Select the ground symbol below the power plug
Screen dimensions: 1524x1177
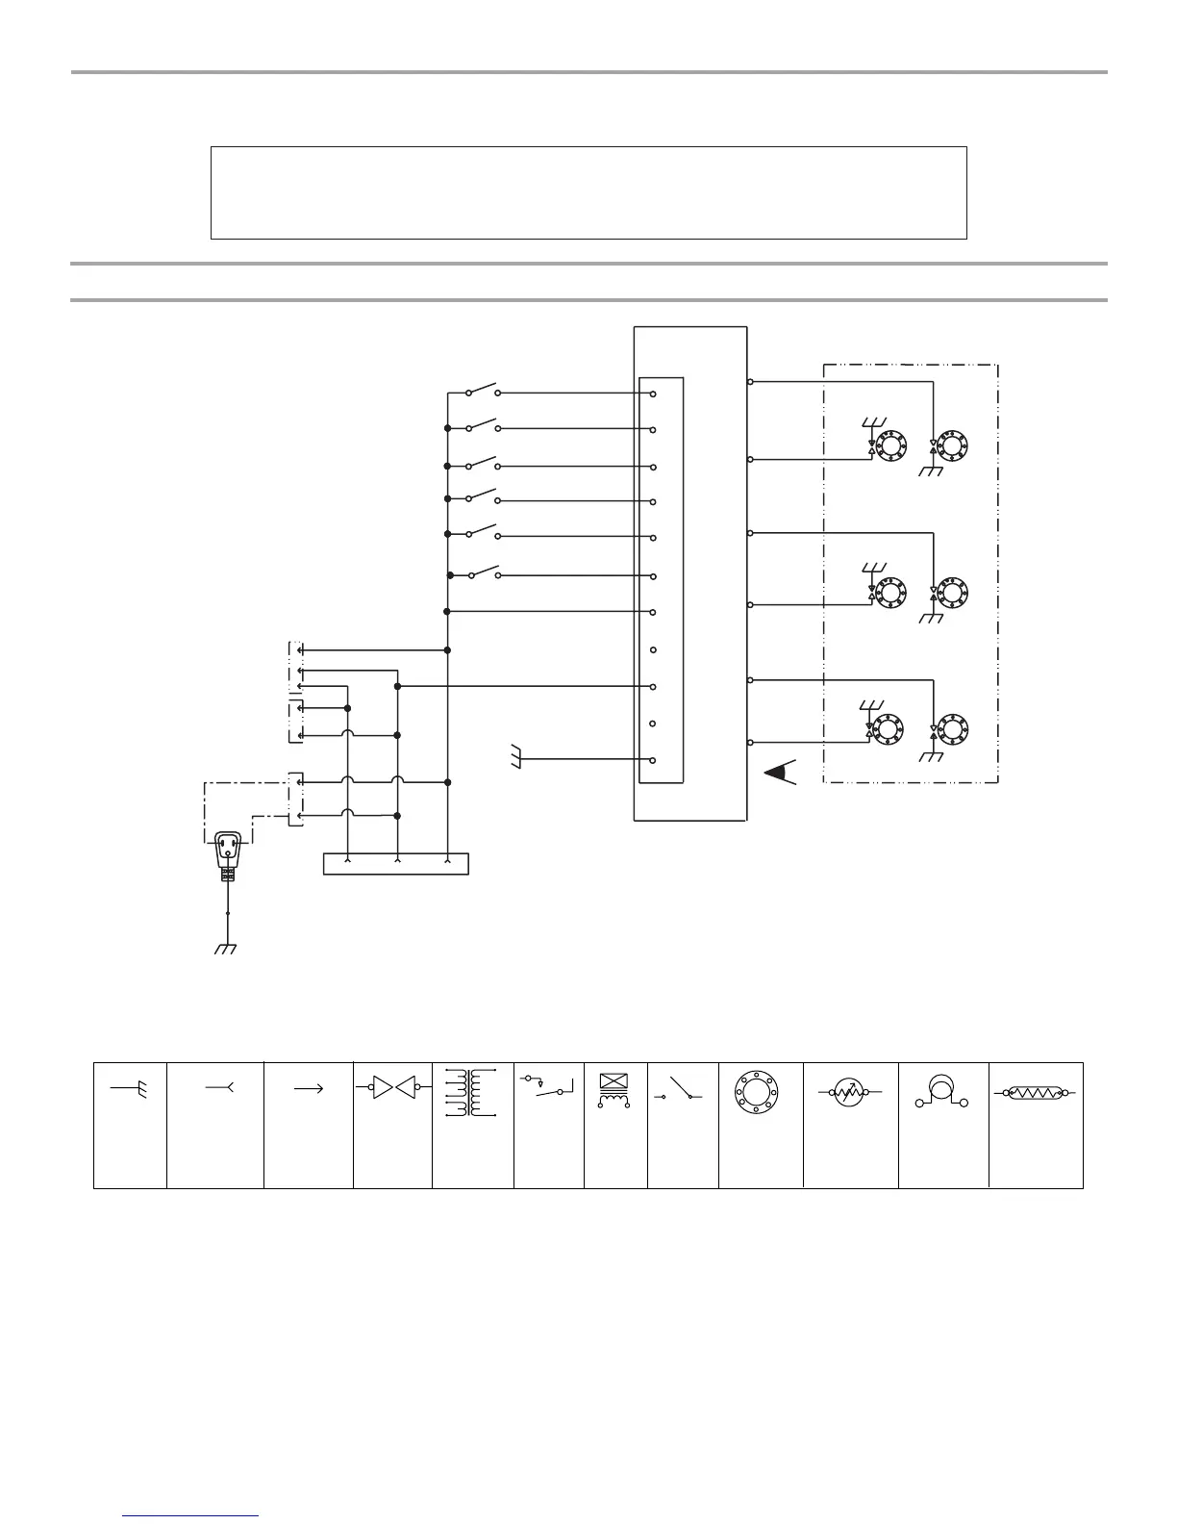(x=226, y=949)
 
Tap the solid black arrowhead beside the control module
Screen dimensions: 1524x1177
(x=780, y=773)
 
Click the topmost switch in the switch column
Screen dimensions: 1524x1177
(x=482, y=391)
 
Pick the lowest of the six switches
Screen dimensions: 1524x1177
(x=484, y=573)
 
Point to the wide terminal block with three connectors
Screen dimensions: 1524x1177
(x=396, y=863)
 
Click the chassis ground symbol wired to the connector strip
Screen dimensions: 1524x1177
(x=516, y=759)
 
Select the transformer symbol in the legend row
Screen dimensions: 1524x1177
(x=472, y=1093)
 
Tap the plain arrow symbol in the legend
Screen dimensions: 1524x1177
(x=308, y=1088)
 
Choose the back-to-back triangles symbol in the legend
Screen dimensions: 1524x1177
(x=393, y=1088)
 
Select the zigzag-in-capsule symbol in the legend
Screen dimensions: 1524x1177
(x=1036, y=1093)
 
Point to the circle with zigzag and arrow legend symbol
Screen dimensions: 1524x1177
(x=847, y=1094)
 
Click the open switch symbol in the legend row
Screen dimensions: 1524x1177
(x=681, y=1089)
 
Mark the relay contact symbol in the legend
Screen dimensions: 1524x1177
(x=548, y=1087)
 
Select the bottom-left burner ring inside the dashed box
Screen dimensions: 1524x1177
(x=889, y=727)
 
